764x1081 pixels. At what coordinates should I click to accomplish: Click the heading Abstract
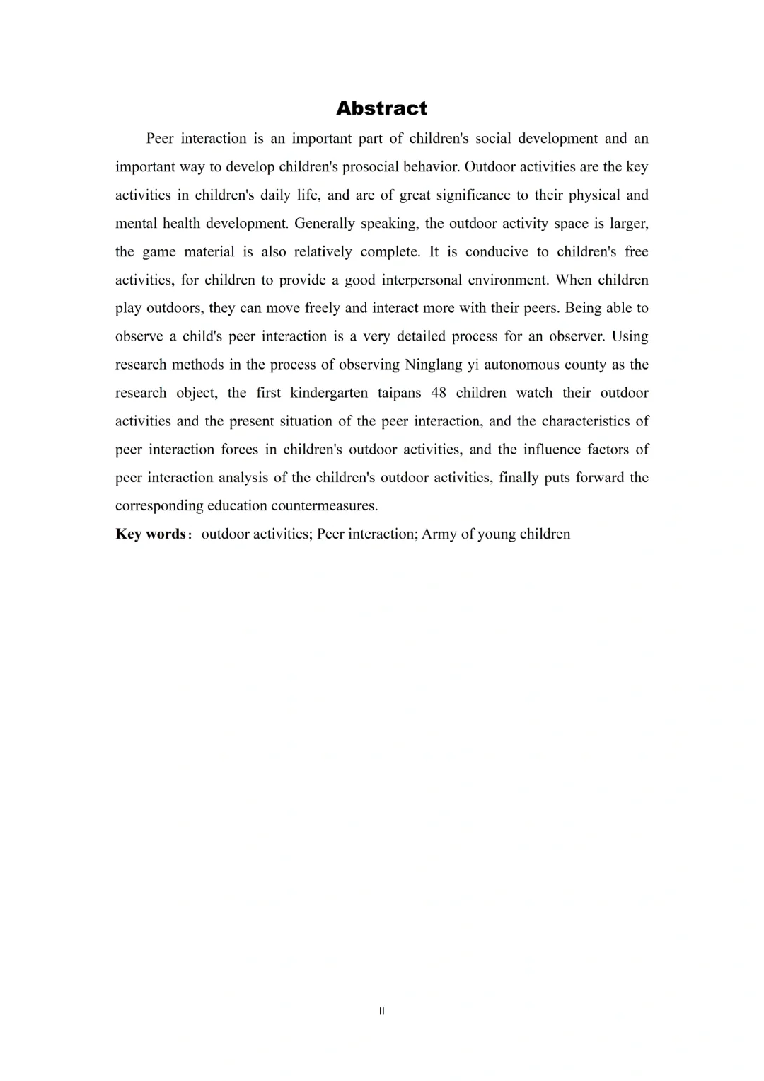(381, 108)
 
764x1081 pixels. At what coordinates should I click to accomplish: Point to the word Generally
(324, 224)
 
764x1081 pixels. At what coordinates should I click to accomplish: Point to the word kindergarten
(329, 393)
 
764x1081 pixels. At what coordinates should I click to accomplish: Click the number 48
(439, 393)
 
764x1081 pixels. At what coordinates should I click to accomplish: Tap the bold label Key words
(151, 534)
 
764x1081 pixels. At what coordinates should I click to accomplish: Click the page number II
(382, 1012)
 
